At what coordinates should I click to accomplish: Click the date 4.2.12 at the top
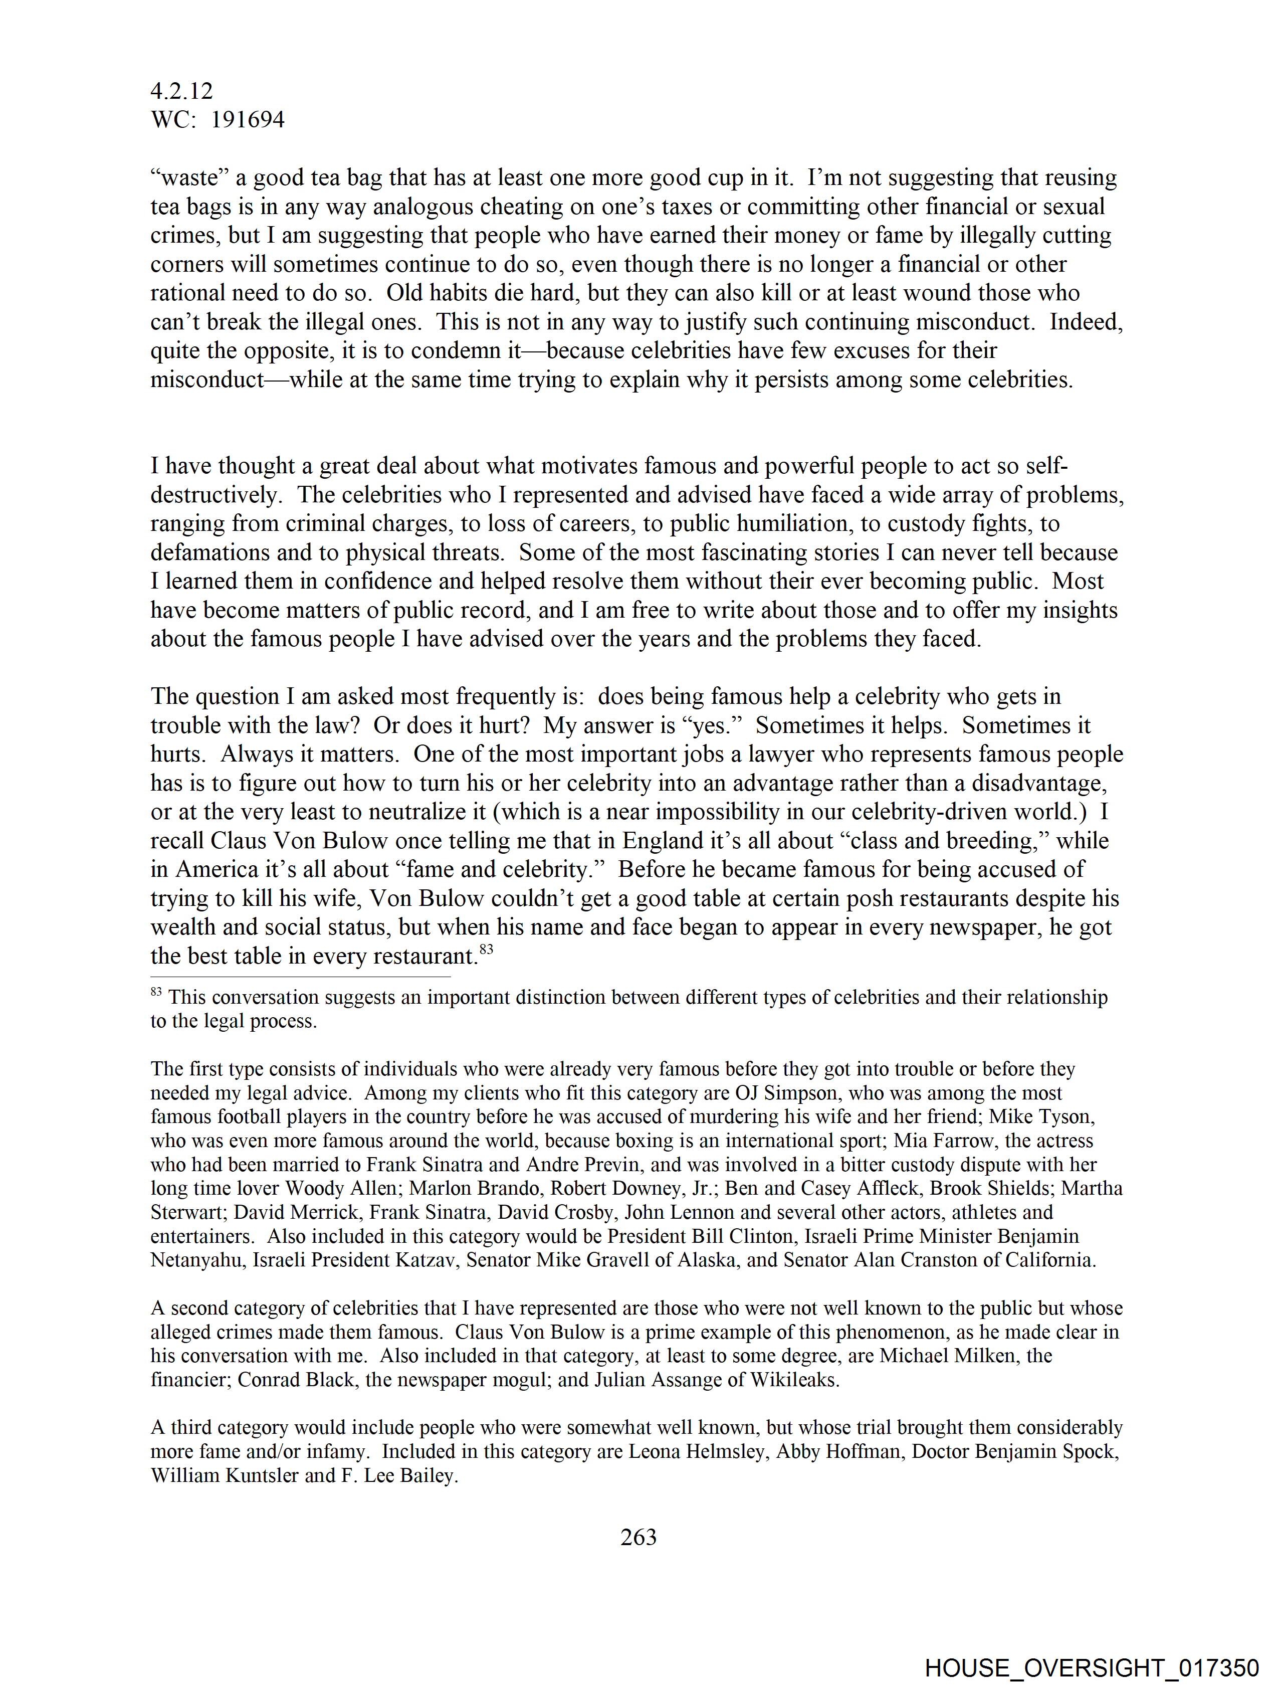182,92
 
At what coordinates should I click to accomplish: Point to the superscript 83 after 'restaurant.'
486,949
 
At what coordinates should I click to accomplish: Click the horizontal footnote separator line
300,977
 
